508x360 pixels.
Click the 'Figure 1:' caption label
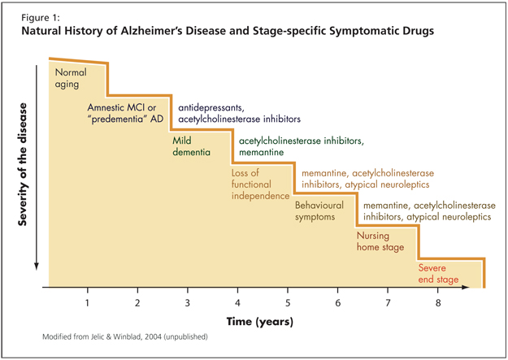(x=41, y=18)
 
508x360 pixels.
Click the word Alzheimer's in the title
(x=149, y=31)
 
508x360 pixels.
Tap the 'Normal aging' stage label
(x=71, y=78)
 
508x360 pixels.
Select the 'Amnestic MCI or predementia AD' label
(x=125, y=113)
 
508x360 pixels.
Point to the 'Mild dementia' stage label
(x=191, y=146)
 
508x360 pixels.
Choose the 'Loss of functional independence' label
(x=260, y=184)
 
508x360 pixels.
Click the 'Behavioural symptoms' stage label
(x=319, y=211)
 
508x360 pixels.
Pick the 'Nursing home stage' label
(x=380, y=241)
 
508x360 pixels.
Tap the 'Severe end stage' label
(x=438, y=274)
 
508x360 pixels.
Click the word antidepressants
(x=211, y=107)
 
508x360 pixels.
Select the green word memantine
(x=261, y=152)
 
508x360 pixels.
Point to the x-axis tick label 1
(x=87, y=303)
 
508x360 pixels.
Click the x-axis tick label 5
(x=288, y=303)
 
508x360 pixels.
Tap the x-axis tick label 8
(x=438, y=303)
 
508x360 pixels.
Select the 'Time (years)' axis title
(x=260, y=322)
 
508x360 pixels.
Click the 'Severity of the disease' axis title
(x=23, y=164)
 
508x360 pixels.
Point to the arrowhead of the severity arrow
(x=37, y=267)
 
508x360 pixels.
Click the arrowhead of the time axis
(x=466, y=287)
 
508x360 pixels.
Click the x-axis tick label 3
(x=187, y=303)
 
